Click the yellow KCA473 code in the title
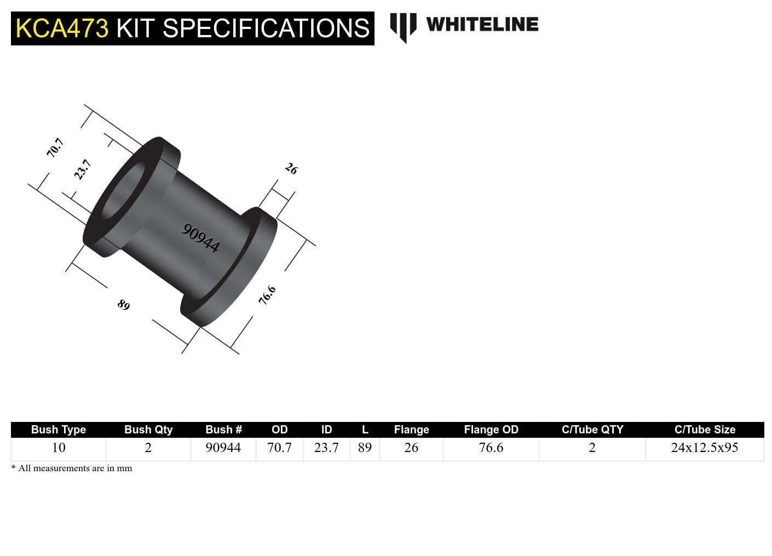point(62,28)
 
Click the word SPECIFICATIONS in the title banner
point(266,28)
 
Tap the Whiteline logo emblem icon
point(403,27)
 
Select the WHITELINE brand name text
point(482,24)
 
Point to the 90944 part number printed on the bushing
point(201,238)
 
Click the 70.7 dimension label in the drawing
point(55,148)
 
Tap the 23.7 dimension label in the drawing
point(82,170)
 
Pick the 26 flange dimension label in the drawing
point(291,169)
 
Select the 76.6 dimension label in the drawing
point(267,296)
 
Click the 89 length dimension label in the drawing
point(124,305)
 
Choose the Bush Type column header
point(58,430)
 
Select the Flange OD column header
point(491,430)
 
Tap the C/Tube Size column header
point(705,430)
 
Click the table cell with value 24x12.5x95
point(705,448)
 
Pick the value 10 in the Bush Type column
point(58,448)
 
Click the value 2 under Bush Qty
point(148,448)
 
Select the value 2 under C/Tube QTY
point(592,448)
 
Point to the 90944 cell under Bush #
point(223,448)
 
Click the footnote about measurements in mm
point(72,468)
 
